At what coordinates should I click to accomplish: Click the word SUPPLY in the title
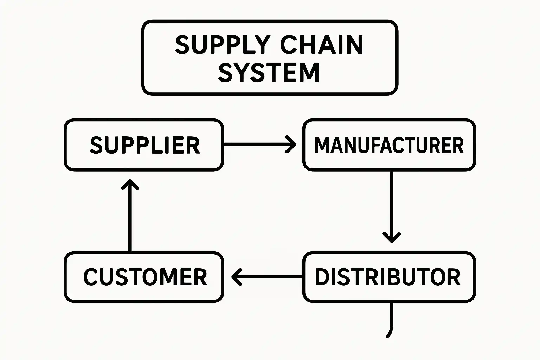click(x=222, y=45)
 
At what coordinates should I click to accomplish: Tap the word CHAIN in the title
click(x=321, y=45)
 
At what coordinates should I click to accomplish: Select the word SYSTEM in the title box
click(x=269, y=73)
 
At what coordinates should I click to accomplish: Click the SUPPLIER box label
click(x=145, y=145)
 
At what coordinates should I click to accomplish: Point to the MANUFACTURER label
click(x=389, y=145)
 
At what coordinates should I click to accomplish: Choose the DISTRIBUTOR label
click(x=387, y=277)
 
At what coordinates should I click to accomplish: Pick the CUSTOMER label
click(x=145, y=277)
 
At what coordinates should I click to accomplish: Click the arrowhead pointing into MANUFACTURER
click(x=292, y=144)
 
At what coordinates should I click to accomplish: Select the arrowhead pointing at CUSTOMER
click(x=236, y=277)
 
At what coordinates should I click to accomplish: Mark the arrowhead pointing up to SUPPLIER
click(x=130, y=184)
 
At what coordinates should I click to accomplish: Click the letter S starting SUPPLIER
click(x=96, y=145)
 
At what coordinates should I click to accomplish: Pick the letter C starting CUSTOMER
click(x=90, y=277)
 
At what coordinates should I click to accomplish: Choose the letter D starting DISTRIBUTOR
click(x=322, y=277)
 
